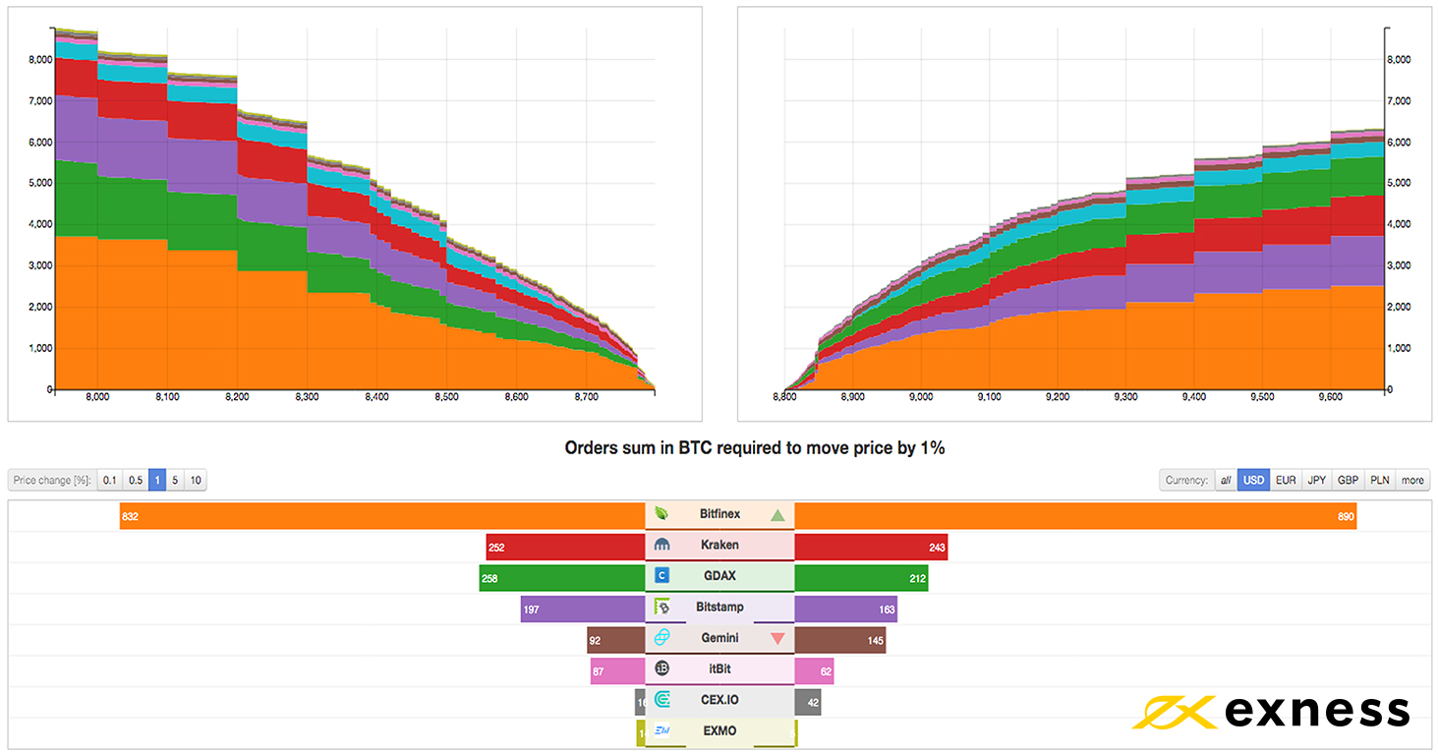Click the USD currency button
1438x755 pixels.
click(x=1253, y=481)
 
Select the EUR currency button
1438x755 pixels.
click(x=1286, y=481)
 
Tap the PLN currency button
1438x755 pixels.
click(x=1379, y=481)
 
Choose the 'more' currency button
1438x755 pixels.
click(x=1412, y=481)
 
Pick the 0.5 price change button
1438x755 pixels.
click(x=136, y=481)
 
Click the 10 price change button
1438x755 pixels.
click(x=196, y=481)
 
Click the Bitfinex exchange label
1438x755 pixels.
click(x=719, y=514)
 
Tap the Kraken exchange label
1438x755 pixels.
click(x=719, y=546)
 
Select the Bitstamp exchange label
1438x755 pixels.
click(x=719, y=608)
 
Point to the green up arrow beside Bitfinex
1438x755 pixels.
click(x=777, y=515)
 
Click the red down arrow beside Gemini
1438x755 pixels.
click(x=777, y=639)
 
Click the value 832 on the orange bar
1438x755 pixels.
click(x=131, y=516)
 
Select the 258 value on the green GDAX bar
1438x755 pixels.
click(x=489, y=578)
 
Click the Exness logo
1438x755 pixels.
click(x=1271, y=710)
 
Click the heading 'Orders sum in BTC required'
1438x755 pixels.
click(x=755, y=448)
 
